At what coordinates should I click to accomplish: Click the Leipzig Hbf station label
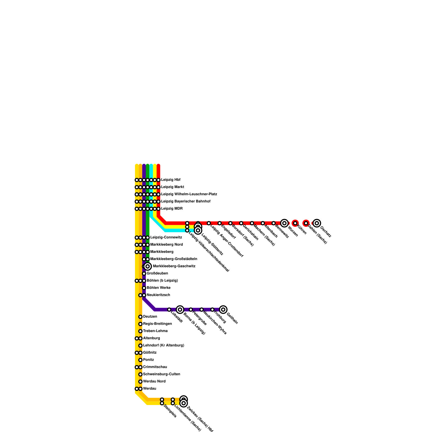pyautogui.click(x=171, y=180)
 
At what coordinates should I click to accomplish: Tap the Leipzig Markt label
pyautogui.click(x=173, y=187)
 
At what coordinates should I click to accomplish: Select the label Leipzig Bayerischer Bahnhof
pyautogui.click(x=185, y=201)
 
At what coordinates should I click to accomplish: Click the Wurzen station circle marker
pyautogui.click(x=284, y=223)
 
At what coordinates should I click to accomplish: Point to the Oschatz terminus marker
pyautogui.click(x=317, y=223)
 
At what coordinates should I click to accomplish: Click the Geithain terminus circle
pyautogui.click(x=223, y=309)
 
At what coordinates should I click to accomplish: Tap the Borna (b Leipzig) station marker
pyautogui.click(x=180, y=309)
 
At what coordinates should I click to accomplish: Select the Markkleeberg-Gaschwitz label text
pyautogui.click(x=174, y=266)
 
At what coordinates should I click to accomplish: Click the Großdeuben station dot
pyautogui.click(x=144, y=274)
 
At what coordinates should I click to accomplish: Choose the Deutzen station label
pyautogui.click(x=150, y=316)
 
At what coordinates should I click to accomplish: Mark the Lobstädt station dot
pyautogui.click(x=169, y=309)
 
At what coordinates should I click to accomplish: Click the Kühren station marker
pyautogui.click(x=295, y=223)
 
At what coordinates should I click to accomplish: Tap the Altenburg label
pyautogui.click(x=151, y=338)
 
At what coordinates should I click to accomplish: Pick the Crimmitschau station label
pyautogui.click(x=155, y=367)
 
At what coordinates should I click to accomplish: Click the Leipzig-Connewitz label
pyautogui.click(x=166, y=237)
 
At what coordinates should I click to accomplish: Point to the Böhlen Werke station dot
pyautogui.click(x=144, y=288)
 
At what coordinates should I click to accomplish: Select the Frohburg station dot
pyautogui.click(x=212, y=309)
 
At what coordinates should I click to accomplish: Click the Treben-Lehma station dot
pyautogui.click(x=140, y=331)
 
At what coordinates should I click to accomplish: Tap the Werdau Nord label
pyautogui.click(x=154, y=381)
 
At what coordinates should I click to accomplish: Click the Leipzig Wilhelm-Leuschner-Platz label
pyautogui.click(x=189, y=194)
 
